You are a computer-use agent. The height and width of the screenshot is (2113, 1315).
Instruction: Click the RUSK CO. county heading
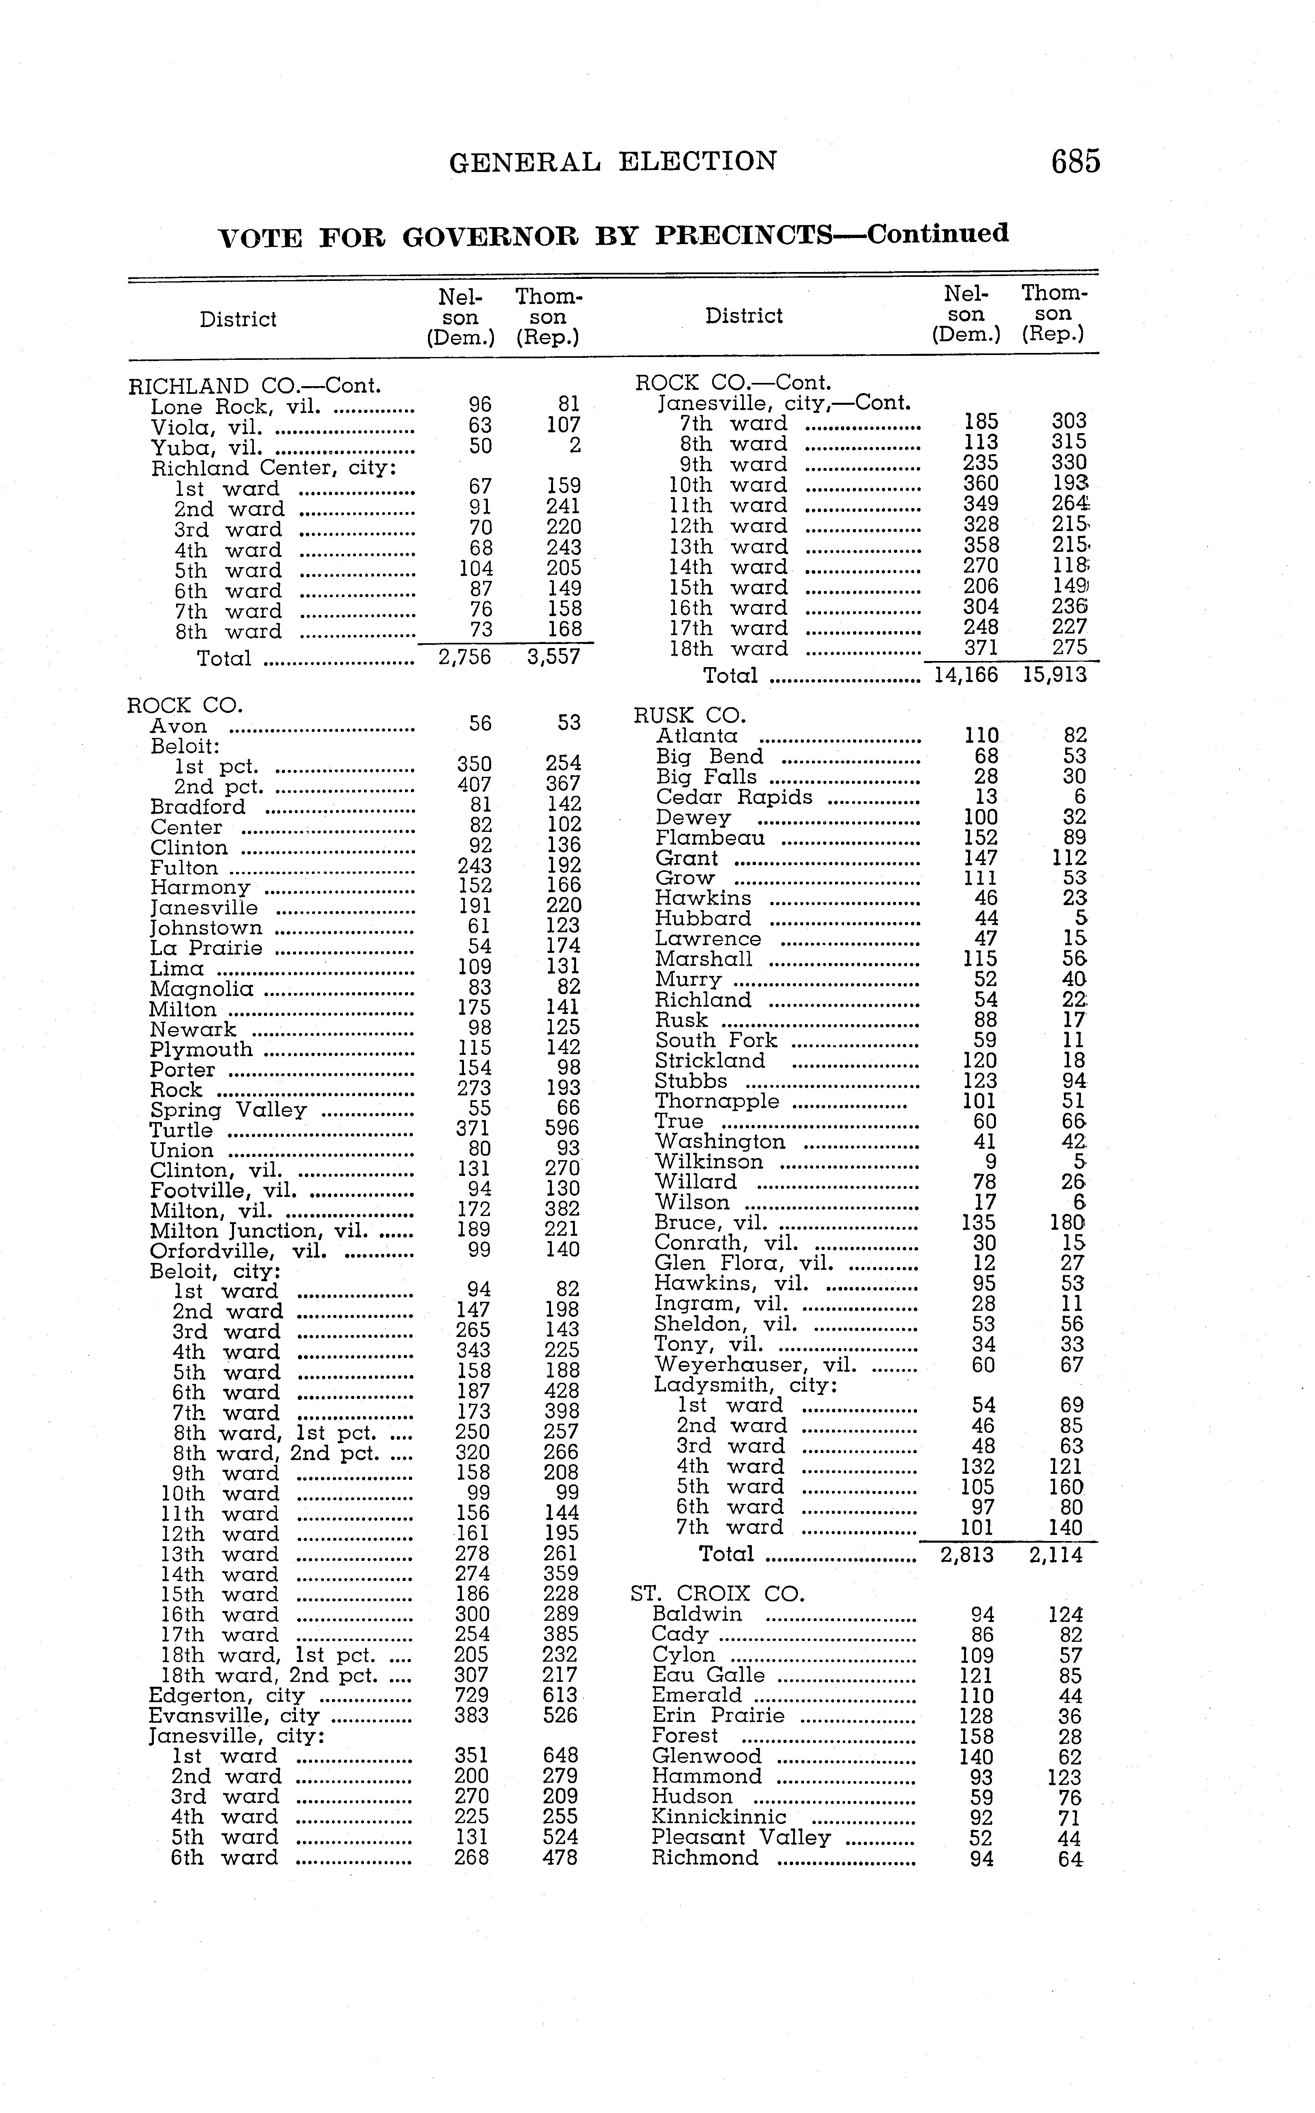point(689,716)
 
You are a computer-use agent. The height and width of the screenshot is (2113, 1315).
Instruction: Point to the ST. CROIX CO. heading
point(717,1594)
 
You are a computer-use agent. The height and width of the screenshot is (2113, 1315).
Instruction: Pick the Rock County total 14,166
point(965,675)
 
